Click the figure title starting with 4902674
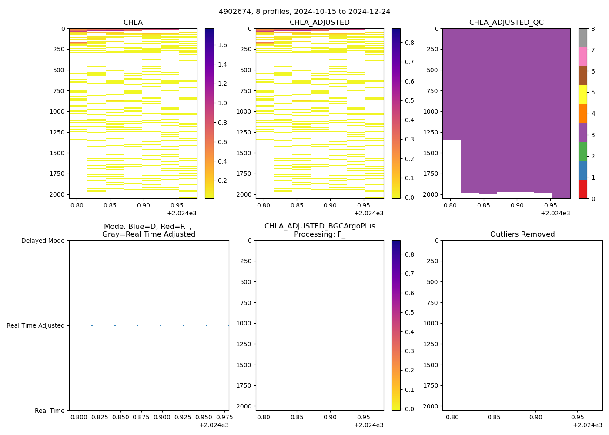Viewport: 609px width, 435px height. pyautogui.click(x=304, y=12)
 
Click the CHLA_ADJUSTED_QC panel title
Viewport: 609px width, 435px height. pyautogui.click(x=506, y=23)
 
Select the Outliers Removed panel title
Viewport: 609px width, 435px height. pyautogui.click(x=522, y=234)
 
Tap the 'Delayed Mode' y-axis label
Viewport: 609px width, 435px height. pyautogui.click(x=43, y=241)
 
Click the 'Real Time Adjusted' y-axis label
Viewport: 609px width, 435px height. pyautogui.click(x=35, y=325)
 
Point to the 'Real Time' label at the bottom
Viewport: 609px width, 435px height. pyautogui.click(x=50, y=411)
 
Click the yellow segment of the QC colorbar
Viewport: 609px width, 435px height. pyautogui.click(x=582, y=94)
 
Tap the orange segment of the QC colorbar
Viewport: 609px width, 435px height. pyautogui.click(x=582, y=114)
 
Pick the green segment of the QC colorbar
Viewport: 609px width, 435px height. pyautogui.click(x=582, y=151)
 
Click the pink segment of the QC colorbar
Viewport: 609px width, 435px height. pyautogui.click(x=582, y=57)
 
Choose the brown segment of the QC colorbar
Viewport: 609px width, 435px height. pyautogui.click(x=582, y=76)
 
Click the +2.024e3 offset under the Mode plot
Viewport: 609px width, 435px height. pyautogui.click(x=214, y=425)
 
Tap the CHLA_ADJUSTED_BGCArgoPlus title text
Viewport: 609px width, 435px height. pyautogui.click(x=319, y=226)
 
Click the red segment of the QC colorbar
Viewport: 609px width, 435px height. pyautogui.click(x=582, y=189)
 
